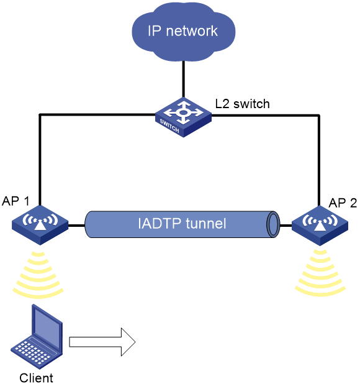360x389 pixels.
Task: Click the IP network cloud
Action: coord(183,31)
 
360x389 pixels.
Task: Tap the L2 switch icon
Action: coord(183,117)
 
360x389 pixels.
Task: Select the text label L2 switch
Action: coord(242,104)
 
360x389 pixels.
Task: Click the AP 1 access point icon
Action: coord(40,225)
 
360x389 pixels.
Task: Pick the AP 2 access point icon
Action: coord(320,226)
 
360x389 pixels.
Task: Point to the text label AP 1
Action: coord(16,201)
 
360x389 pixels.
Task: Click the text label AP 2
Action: coord(343,203)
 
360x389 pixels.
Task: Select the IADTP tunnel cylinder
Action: coord(182,224)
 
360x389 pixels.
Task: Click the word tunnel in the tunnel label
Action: coord(206,223)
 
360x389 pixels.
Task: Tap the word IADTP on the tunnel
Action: coord(160,223)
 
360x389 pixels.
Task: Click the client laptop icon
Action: coord(37,336)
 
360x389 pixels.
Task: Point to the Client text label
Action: coord(36,378)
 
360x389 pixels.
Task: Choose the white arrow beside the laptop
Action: coord(102,342)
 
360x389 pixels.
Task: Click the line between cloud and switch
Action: coord(183,79)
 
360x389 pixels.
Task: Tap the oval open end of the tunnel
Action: coord(273,224)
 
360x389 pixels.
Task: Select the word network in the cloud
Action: coord(192,31)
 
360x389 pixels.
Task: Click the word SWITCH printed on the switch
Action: coord(169,126)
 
